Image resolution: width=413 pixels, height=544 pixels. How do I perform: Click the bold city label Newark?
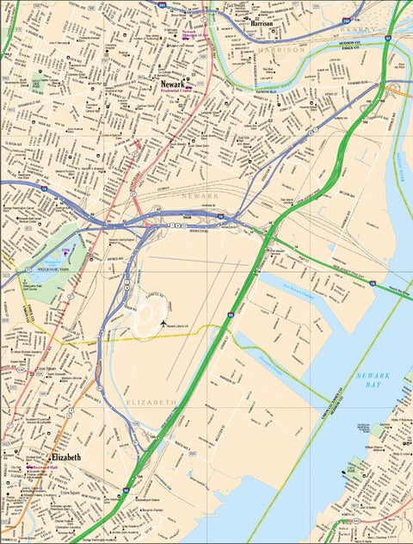[174, 84]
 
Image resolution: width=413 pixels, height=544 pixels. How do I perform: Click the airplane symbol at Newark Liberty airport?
[163, 322]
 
